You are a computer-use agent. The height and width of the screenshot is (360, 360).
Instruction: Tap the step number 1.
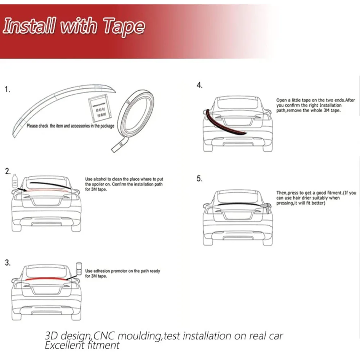click(8, 89)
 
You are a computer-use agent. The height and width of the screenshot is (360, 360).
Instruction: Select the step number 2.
click(8, 171)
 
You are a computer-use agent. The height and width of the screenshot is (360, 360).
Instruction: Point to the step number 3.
click(8, 262)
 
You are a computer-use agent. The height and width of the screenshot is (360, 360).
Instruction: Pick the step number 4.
click(199, 85)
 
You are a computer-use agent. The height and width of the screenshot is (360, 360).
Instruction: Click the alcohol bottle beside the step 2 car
click(14, 180)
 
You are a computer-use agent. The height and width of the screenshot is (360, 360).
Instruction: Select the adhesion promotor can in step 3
click(79, 268)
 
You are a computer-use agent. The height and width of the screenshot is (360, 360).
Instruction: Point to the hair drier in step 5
click(267, 205)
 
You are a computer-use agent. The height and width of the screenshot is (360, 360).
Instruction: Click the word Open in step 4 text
click(281, 100)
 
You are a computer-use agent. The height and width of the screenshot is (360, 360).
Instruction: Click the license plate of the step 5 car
click(237, 215)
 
